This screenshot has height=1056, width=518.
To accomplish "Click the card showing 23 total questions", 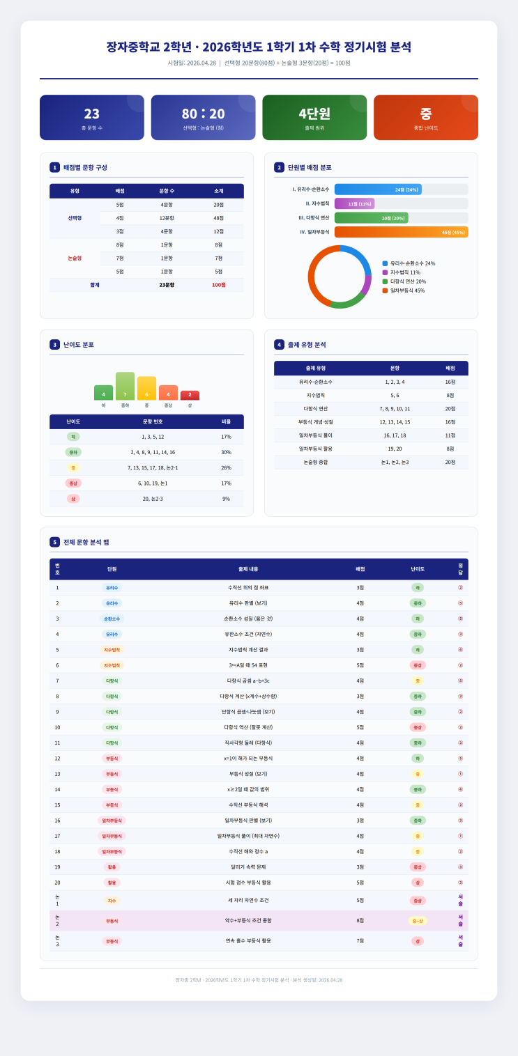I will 92,117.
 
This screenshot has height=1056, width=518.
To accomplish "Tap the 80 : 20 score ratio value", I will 204,114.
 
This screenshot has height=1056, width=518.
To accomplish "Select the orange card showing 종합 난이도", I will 425,117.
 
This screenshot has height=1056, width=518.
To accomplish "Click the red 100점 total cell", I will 219,285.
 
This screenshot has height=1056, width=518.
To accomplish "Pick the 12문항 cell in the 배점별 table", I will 167,218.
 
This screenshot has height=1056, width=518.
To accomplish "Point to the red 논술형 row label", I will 75,258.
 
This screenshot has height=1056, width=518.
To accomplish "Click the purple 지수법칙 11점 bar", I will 355,203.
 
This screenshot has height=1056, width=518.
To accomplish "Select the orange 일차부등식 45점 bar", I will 401,232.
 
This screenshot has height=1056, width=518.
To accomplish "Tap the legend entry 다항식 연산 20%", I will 408,281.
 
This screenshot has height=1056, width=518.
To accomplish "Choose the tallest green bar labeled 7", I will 125,386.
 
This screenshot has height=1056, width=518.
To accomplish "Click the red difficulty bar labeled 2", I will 190,395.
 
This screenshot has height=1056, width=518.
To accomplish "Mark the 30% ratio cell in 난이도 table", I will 226,452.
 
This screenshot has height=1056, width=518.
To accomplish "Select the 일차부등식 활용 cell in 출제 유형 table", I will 315,449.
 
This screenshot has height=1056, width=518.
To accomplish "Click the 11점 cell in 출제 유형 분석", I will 450,435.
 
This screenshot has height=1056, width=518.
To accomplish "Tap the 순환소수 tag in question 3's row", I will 112,619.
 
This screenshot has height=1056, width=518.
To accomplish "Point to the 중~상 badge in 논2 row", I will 418,920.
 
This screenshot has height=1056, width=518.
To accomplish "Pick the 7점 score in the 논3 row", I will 360,940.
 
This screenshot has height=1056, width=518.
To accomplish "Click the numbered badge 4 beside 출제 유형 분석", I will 279,344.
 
